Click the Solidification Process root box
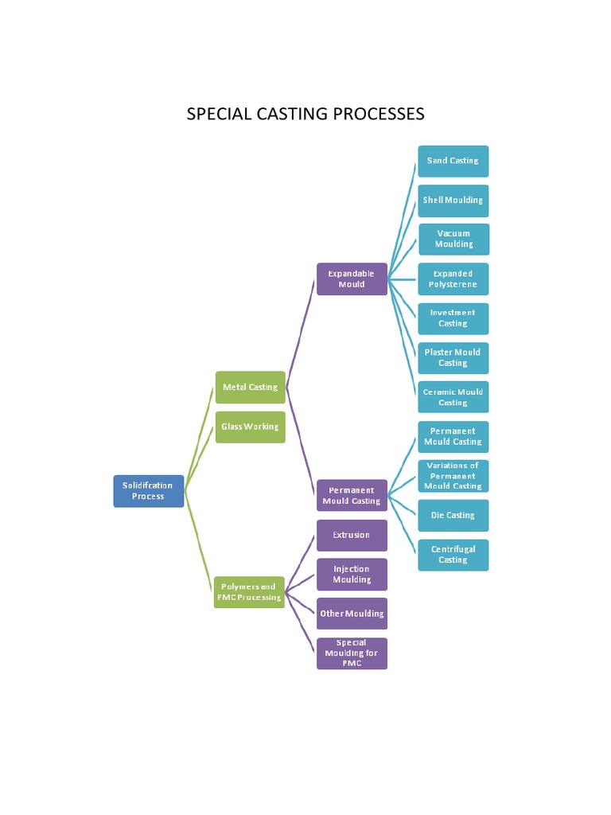pos(148,491)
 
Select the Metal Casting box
pos(250,388)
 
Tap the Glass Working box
pos(250,427)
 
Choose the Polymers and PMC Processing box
pos(249,592)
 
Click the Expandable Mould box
pos(352,279)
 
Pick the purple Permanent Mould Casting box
pos(352,495)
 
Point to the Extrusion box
pos(352,535)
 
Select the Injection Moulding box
pos(352,575)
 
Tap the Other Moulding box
pos(352,614)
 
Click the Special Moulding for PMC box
pos(352,653)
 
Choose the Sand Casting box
pos(453,161)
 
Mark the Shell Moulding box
pos(453,201)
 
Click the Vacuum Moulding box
pos(453,240)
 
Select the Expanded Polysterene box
pos(453,279)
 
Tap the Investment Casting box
pos(453,318)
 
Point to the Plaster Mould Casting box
pos(453,358)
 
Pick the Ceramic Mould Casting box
pos(453,397)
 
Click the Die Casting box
pos(453,516)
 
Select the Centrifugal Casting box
pos(453,555)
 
